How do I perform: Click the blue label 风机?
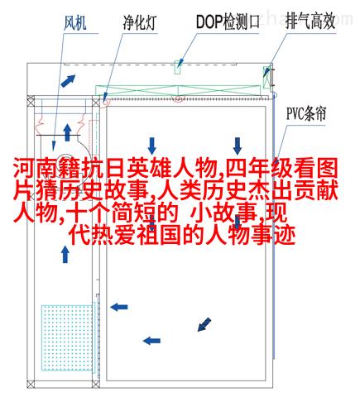click(75, 22)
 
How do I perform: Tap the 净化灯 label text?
click(140, 22)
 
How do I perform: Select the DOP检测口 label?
click(228, 22)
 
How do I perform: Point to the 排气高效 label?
click(310, 21)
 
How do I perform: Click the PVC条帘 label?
click(306, 113)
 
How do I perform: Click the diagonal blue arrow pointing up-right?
click(68, 80)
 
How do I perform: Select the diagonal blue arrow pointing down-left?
click(204, 324)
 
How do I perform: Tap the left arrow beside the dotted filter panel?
click(119, 307)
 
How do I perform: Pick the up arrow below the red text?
click(65, 255)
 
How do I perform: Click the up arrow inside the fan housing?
click(67, 132)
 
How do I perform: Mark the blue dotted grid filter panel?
click(67, 337)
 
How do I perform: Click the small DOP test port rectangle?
click(178, 67)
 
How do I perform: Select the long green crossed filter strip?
click(178, 90)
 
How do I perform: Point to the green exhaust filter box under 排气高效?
click(266, 77)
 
